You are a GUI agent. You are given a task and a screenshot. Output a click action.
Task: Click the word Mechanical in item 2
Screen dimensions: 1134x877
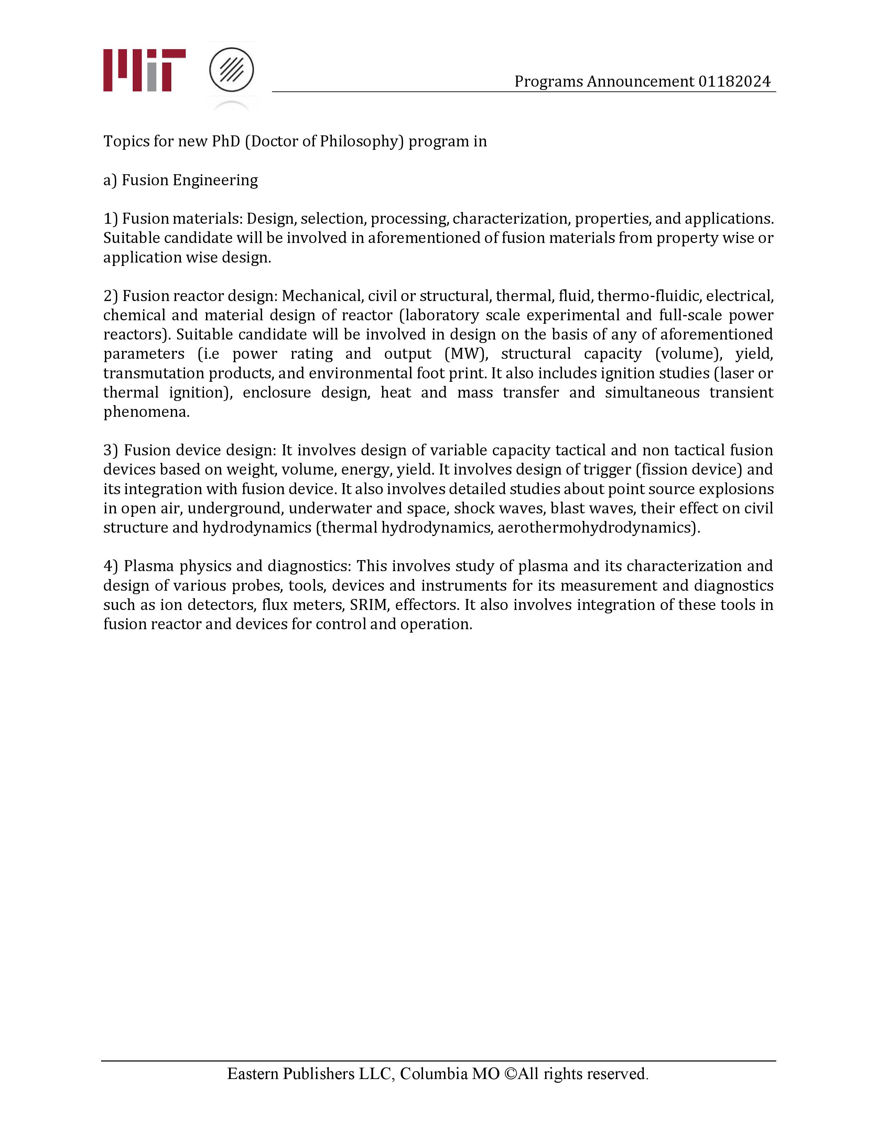pyautogui.click(x=322, y=296)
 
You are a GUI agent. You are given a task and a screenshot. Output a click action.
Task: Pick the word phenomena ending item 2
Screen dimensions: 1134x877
pyautogui.click(x=146, y=412)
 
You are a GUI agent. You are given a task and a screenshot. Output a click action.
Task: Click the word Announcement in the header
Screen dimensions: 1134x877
pyautogui.click(x=640, y=81)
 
